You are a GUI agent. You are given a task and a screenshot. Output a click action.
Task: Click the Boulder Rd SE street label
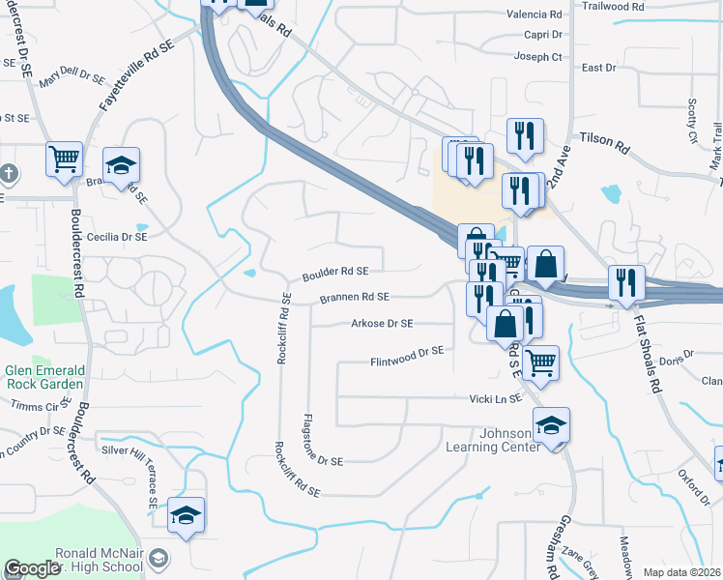[x=335, y=273]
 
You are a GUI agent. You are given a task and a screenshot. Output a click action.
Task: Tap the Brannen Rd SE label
[x=355, y=298]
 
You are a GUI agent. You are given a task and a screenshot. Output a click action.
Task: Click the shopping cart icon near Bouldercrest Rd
[x=65, y=159]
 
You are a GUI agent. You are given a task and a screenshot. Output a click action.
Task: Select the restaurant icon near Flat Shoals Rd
[x=626, y=281]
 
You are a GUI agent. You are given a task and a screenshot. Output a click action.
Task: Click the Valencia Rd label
[x=535, y=14]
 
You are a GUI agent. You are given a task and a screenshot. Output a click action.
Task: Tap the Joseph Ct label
[x=538, y=57]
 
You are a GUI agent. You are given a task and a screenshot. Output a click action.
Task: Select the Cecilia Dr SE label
[x=117, y=237]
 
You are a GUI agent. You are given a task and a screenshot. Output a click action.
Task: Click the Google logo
[x=33, y=568]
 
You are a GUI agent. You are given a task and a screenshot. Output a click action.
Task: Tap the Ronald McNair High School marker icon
[x=159, y=558]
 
